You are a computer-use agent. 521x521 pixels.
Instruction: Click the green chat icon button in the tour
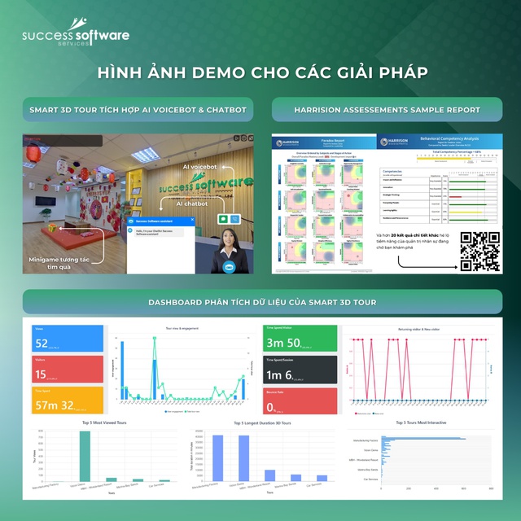[223, 219]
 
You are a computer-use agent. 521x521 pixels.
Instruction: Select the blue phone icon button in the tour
[235, 219]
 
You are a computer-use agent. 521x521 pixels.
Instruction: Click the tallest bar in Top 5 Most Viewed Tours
[85, 456]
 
